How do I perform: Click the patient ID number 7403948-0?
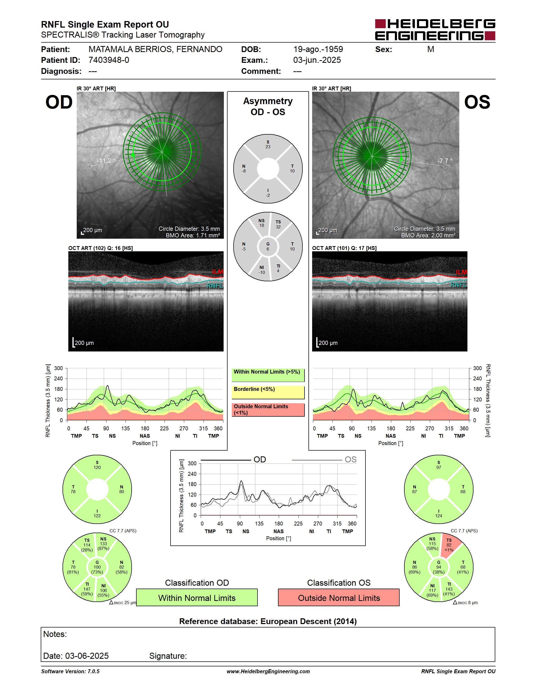point(109,60)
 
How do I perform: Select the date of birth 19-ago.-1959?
point(318,49)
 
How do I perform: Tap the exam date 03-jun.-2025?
point(317,60)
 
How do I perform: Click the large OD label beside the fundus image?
point(59,102)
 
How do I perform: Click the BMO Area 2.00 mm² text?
point(428,236)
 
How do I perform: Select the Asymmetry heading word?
point(268,101)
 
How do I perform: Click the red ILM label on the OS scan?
point(461,272)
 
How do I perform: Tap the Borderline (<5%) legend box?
point(268,392)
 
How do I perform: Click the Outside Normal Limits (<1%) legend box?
point(268,410)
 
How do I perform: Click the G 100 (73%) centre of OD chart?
point(97,567)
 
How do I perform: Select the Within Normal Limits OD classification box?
point(197,598)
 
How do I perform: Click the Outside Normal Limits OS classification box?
point(339,598)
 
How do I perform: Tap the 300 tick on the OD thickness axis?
point(58,368)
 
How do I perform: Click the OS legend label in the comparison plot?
point(351,460)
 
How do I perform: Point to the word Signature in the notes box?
point(168,656)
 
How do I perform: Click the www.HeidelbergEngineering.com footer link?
point(268,671)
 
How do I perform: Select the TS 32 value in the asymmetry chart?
point(278,224)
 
